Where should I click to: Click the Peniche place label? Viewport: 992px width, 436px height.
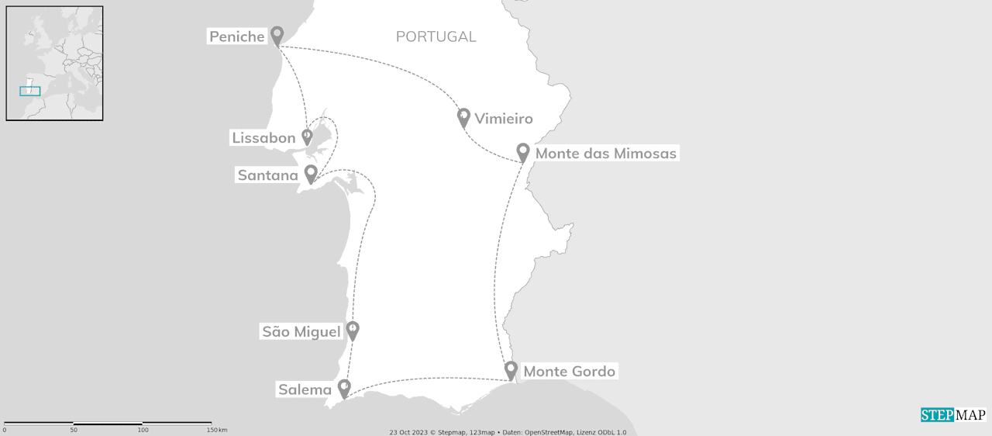237,36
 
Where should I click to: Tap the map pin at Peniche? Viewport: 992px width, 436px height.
277,35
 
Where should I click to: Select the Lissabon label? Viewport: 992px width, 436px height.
263,138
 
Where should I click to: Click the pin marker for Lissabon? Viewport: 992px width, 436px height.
307,137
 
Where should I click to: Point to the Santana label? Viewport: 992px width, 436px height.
267,175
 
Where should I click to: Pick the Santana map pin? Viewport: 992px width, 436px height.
311,174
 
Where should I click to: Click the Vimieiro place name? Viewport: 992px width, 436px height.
504,119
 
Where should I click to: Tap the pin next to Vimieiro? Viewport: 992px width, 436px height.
463,117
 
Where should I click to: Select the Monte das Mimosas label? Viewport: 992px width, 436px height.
606,154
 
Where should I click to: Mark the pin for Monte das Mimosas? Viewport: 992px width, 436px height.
523,152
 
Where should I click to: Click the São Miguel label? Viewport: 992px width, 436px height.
301,332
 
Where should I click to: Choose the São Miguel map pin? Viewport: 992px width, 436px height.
353,330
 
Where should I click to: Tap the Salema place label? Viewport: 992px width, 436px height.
305,389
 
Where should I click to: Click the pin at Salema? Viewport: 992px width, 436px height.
344,388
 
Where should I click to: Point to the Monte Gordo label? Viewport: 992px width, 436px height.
570,372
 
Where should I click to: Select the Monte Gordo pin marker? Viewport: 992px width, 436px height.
511,370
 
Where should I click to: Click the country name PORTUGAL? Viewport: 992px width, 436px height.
436,36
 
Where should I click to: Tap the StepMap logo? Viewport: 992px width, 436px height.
952,415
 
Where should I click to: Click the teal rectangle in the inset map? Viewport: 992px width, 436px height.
30,92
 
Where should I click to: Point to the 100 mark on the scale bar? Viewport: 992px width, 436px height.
143,430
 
